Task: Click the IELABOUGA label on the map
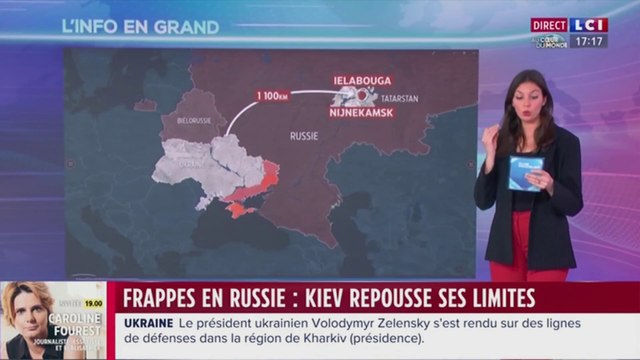coord(361,80)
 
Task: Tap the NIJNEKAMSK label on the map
coord(361,113)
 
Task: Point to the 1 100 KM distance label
coord(273,95)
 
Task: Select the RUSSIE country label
coord(303,133)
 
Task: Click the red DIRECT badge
coord(549,25)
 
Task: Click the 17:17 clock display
coord(590,42)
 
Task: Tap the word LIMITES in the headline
coord(492,297)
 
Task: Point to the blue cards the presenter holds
coord(524,172)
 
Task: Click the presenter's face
coord(526,97)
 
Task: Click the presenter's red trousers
coord(520,250)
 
